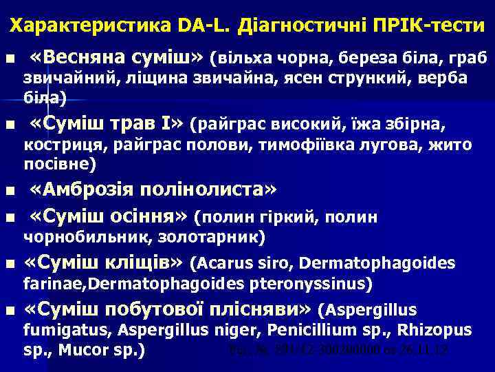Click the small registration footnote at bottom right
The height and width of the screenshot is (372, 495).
tap(338, 350)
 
